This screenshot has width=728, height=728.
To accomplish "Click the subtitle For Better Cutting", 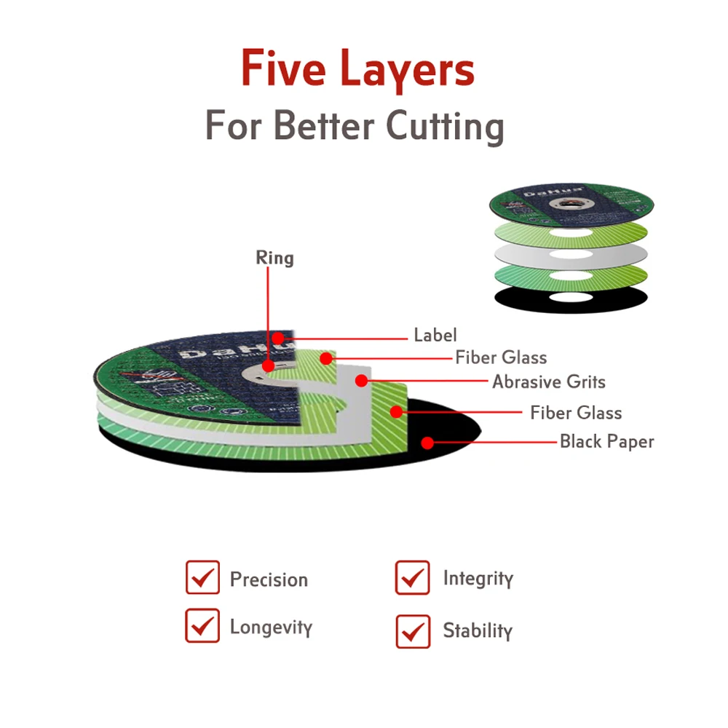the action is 354,125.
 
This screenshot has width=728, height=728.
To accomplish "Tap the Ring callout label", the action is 274,258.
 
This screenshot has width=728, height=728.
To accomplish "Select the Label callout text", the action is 435,336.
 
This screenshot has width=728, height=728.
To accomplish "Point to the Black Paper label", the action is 606,441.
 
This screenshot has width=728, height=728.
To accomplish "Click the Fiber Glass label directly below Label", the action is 501,357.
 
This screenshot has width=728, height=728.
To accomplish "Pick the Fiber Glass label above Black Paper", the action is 576,413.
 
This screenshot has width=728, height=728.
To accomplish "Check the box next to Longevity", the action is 202,626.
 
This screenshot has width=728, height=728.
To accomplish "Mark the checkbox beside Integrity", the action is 413,578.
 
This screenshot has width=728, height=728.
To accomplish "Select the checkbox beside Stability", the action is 413,630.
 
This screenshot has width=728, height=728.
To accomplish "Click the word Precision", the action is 269,580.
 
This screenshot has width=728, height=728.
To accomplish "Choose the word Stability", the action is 478,630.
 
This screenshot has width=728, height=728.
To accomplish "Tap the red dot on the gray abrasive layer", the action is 360,379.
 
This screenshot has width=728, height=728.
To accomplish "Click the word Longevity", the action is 271,627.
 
